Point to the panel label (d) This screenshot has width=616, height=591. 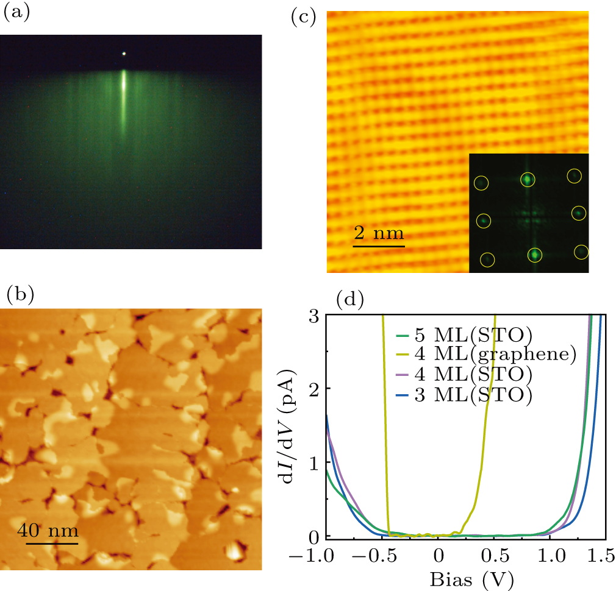point(350,299)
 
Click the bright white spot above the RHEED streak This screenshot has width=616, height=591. point(124,54)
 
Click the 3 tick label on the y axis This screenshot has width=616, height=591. point(313,315)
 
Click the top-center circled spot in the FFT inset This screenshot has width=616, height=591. point(528,179)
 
